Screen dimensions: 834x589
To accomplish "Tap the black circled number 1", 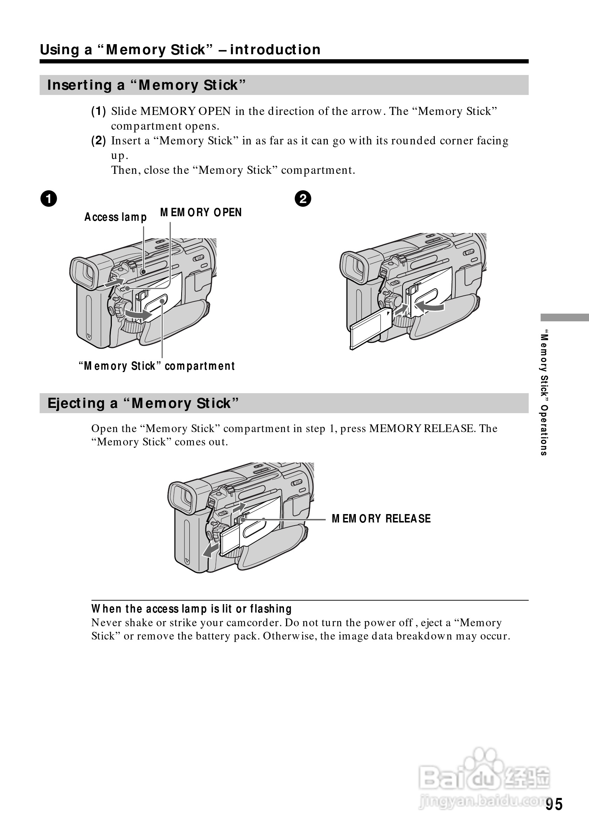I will pyautogui.click(x=49, y=199).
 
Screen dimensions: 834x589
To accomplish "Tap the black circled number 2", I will pyautogui.click(x=303, y=199).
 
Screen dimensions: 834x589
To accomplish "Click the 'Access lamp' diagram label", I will pyautogui.click(x=116, y=217).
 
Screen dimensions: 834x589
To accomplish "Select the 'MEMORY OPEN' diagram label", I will pyautogui.click(x=201, y=212).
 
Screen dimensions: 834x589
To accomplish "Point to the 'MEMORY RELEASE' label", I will pyautogui.click(x=381, y=519).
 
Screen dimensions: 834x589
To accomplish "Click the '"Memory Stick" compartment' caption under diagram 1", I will pyautogui.click(x=157, y=366).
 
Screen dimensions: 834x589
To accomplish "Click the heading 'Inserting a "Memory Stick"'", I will pyautogui.click(x=147, y=85).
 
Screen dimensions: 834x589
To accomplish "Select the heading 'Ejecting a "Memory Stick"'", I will pyautogui.click(x=143, y=403).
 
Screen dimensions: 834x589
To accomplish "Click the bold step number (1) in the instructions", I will pyautogui.click(x=99, y=111).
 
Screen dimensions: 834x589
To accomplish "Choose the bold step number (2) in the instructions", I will pyautogui.click(x=99, y=141).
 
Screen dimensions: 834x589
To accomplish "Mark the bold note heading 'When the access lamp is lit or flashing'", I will pyautogui.click(x=191, y=609).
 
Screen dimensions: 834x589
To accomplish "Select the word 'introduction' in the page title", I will pyautogui.click(x=275, y=50).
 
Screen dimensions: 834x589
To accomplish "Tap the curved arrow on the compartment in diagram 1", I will pyautogui.click(x=138, y=314).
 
